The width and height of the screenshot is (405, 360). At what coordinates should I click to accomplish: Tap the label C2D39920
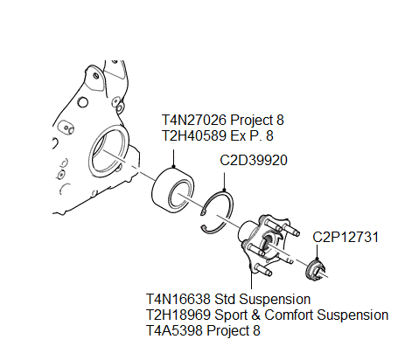[x=254, y=162]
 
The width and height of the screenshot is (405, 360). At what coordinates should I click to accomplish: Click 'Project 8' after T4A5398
[x=234, y=330]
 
